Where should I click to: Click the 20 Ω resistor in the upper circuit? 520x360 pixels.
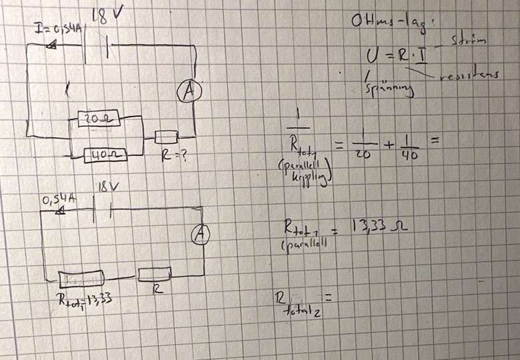[x=98, y=119]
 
